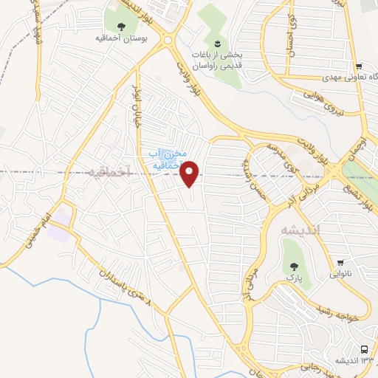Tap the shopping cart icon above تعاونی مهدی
(x=357, y=66)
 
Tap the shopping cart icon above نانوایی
(x=340, y=263)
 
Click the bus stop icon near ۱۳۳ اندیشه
(x=365, y=348)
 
